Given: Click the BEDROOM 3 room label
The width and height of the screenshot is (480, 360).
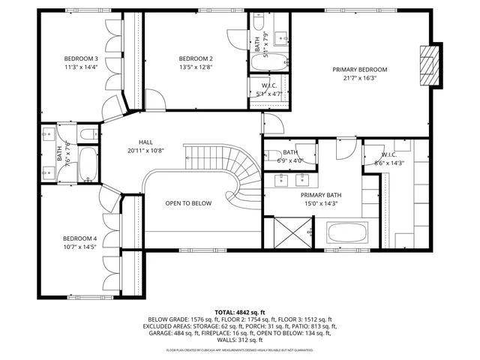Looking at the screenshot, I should (x=80, y=58).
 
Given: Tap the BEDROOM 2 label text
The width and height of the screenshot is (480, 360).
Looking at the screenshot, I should (x=196, y=58).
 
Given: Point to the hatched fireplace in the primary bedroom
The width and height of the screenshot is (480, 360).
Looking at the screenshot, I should (x=428, y=67).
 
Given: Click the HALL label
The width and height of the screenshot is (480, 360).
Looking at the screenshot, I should (x=145, y=142).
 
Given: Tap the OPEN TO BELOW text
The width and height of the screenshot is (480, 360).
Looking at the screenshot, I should (x=188, y=203).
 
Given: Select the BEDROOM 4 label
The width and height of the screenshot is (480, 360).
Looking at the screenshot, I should (x=80, y=238).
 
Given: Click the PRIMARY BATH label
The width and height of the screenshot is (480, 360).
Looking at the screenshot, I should (x=322, y=194).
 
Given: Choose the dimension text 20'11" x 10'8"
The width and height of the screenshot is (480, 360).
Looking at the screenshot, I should (x=145, y=151).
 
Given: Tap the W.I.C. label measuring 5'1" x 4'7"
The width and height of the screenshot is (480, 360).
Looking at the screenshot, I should (x=268, y=85).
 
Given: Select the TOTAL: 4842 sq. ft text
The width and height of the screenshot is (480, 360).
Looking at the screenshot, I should (x=240, y=311).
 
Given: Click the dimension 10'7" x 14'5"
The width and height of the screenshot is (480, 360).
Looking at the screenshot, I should (x=80, y=247).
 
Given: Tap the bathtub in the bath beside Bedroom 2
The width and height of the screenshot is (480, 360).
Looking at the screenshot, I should (x=268, y=63).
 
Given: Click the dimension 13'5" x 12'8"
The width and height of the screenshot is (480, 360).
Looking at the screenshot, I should (x=196, y=67).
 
